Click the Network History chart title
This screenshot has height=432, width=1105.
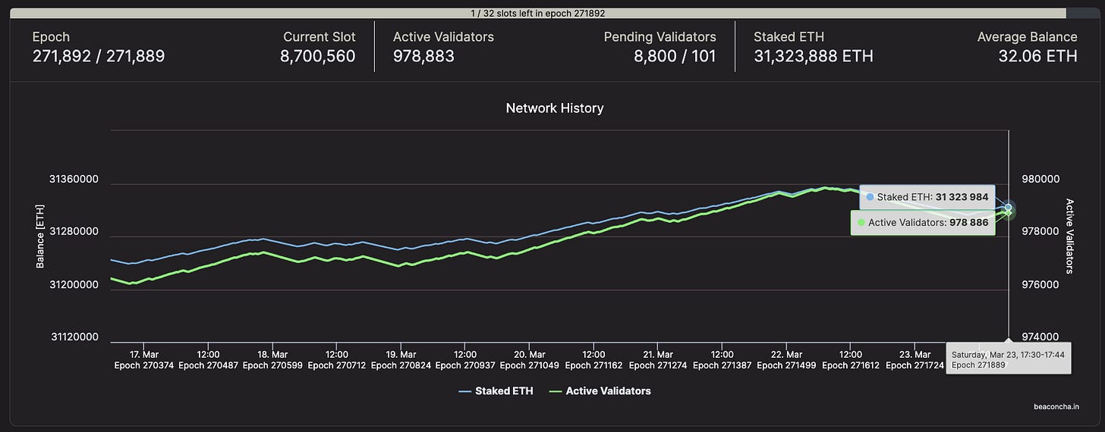coord(554,108)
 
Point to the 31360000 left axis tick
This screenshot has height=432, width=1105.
coord(74,180)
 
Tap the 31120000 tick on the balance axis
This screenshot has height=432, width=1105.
coord(74,337)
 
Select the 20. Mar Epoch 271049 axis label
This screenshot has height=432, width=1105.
coord(529,359)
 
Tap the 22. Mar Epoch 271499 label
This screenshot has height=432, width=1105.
coord(786,359)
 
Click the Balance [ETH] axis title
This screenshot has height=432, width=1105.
coord(40,236)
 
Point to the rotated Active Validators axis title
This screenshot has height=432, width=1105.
coord(1070,236)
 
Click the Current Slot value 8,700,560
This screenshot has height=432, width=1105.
coord(317,56)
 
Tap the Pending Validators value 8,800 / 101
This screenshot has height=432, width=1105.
coord(675,56)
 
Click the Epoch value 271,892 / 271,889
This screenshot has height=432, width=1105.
coord(99,56)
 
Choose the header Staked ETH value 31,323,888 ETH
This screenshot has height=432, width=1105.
coord(813,56)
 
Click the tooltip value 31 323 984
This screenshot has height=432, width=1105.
coord(962,197)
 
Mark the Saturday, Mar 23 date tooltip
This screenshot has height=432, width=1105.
coord(1008,359)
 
